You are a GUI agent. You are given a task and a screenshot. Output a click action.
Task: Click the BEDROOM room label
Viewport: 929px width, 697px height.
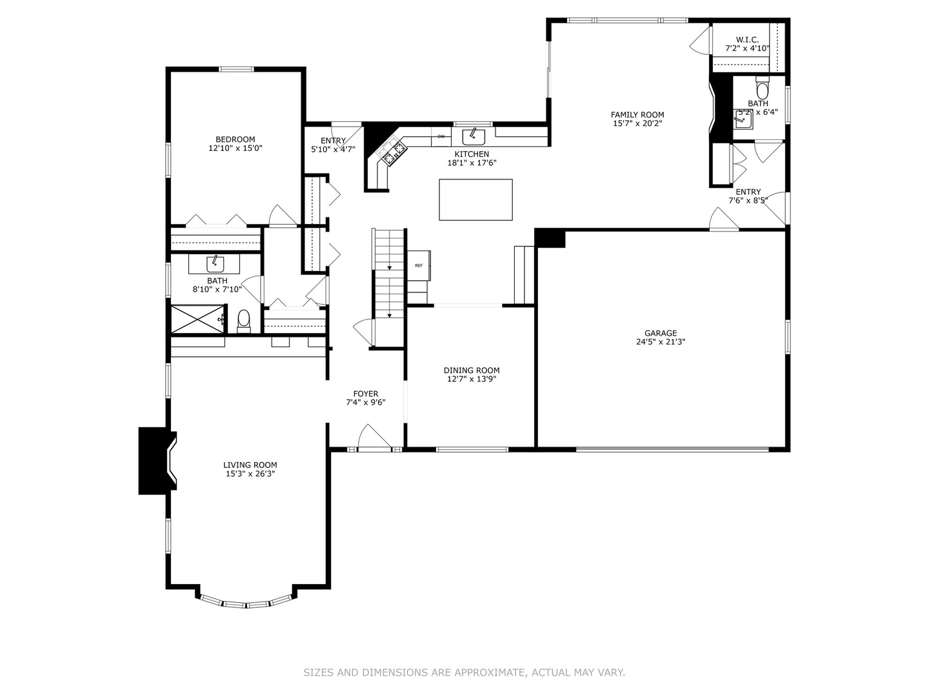[x=235, y=139]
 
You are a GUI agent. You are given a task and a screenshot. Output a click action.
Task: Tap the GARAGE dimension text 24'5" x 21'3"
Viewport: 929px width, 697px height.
[x=660, y=342]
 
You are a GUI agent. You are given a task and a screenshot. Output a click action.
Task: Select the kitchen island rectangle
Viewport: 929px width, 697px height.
[x=475, y=200]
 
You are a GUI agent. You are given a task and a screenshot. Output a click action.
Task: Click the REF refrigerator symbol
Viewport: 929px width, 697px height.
[x=419, y=265]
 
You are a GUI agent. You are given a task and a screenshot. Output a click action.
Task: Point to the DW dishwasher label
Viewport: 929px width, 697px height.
[x=441, y=136]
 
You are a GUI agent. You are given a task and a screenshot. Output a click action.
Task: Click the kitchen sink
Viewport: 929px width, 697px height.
[x=474, y=136]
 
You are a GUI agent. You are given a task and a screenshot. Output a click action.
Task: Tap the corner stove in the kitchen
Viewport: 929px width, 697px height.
[x=393, y=152]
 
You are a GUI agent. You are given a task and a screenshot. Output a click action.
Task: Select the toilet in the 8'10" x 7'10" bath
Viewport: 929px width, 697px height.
[x=243, y=319]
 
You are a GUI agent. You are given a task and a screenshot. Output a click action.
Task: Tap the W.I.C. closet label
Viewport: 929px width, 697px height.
[x=747, y=39]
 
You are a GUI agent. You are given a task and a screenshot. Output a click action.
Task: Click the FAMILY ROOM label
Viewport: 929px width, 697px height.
[x=637, y=115]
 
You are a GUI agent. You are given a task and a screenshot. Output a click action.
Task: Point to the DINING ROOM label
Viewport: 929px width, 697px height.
[x=472, y=370]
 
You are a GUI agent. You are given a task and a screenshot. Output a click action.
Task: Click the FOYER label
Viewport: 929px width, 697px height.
[x=366, y=394]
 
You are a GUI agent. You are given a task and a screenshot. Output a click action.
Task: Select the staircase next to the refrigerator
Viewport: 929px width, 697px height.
[x=389, y=274]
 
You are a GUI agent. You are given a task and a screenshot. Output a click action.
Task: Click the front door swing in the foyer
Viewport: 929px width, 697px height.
[x=374, y=436]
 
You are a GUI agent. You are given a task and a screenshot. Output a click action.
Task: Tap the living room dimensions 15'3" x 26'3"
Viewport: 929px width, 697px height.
[x=250, y=474]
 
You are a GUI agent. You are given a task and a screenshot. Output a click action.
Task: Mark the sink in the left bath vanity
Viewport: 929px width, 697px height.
[x=214, y=263]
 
